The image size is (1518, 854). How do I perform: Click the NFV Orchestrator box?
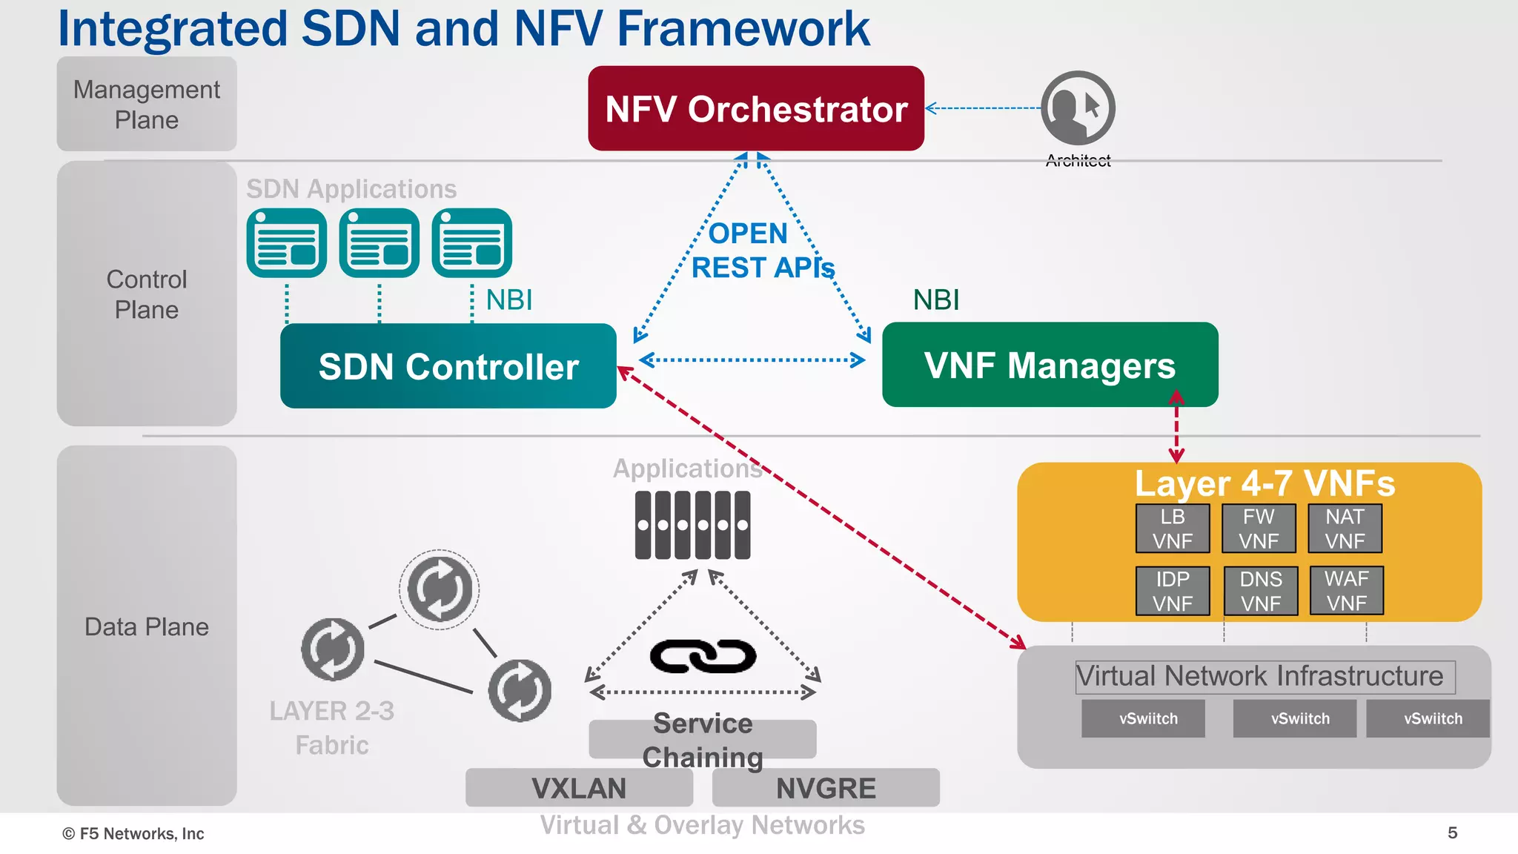tap(755, 108)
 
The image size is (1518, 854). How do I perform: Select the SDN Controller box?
tap(448, 366)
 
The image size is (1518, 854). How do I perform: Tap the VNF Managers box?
tap(1050, 365)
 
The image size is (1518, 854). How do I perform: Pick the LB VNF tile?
tap(1172, 529)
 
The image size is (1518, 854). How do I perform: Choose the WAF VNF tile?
tap(1346, 591)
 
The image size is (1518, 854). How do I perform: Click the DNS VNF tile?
tap(1260, 591)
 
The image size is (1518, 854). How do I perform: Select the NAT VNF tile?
tap(1345, 529)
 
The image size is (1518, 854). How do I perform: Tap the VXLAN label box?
tap(579, 787)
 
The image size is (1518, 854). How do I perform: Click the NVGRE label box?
tap(826, 787)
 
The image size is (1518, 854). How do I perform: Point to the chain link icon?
tap(703, 656)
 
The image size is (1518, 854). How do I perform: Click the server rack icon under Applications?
tap(692, 525)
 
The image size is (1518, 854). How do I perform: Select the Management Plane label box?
tap(147, 105)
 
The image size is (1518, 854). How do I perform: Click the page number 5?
tap(1452, 833)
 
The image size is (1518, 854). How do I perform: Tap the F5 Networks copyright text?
tap(133, 833)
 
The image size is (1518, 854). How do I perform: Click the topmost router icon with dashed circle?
tap(440, 589)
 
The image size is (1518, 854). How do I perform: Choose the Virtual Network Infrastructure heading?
tap(1259, 676)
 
